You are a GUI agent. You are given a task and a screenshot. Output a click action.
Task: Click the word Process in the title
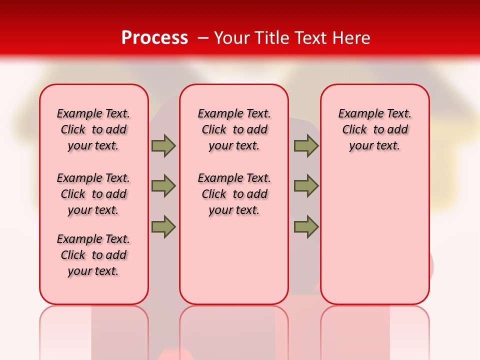(154, 38)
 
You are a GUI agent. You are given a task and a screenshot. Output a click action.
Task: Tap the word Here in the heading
(351, 38)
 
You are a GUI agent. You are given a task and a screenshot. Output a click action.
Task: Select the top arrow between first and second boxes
(163, 145)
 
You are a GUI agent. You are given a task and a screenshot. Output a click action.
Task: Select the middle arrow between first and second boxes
(163, 186)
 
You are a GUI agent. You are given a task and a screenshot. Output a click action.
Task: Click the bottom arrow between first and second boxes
(163, 226)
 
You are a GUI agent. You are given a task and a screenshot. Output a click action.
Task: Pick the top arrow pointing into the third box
(306, 145)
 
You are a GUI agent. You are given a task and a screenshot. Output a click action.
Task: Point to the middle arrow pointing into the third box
(306, 186)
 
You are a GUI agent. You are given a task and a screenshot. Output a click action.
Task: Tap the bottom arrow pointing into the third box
(306, 226)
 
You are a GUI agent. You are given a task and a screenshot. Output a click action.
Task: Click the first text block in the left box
(93, 129)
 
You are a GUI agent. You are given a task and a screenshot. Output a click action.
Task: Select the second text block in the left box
(93, 194)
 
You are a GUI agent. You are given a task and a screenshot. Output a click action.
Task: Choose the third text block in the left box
(93, 255)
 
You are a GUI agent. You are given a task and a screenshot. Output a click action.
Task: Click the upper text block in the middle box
(234, 129)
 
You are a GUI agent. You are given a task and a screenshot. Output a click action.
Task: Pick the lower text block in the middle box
(234, 194)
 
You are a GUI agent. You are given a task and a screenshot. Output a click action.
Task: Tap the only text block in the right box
(374, 129)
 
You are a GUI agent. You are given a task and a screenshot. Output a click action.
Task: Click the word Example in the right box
(356, 114)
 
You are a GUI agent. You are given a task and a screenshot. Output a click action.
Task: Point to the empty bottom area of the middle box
(234, 265)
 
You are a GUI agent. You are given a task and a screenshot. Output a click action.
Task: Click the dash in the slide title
(203, 38)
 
